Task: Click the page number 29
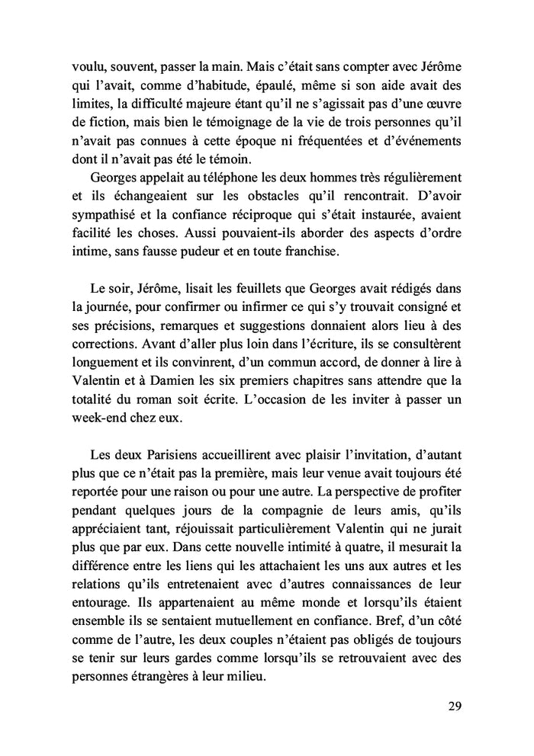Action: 454,705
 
